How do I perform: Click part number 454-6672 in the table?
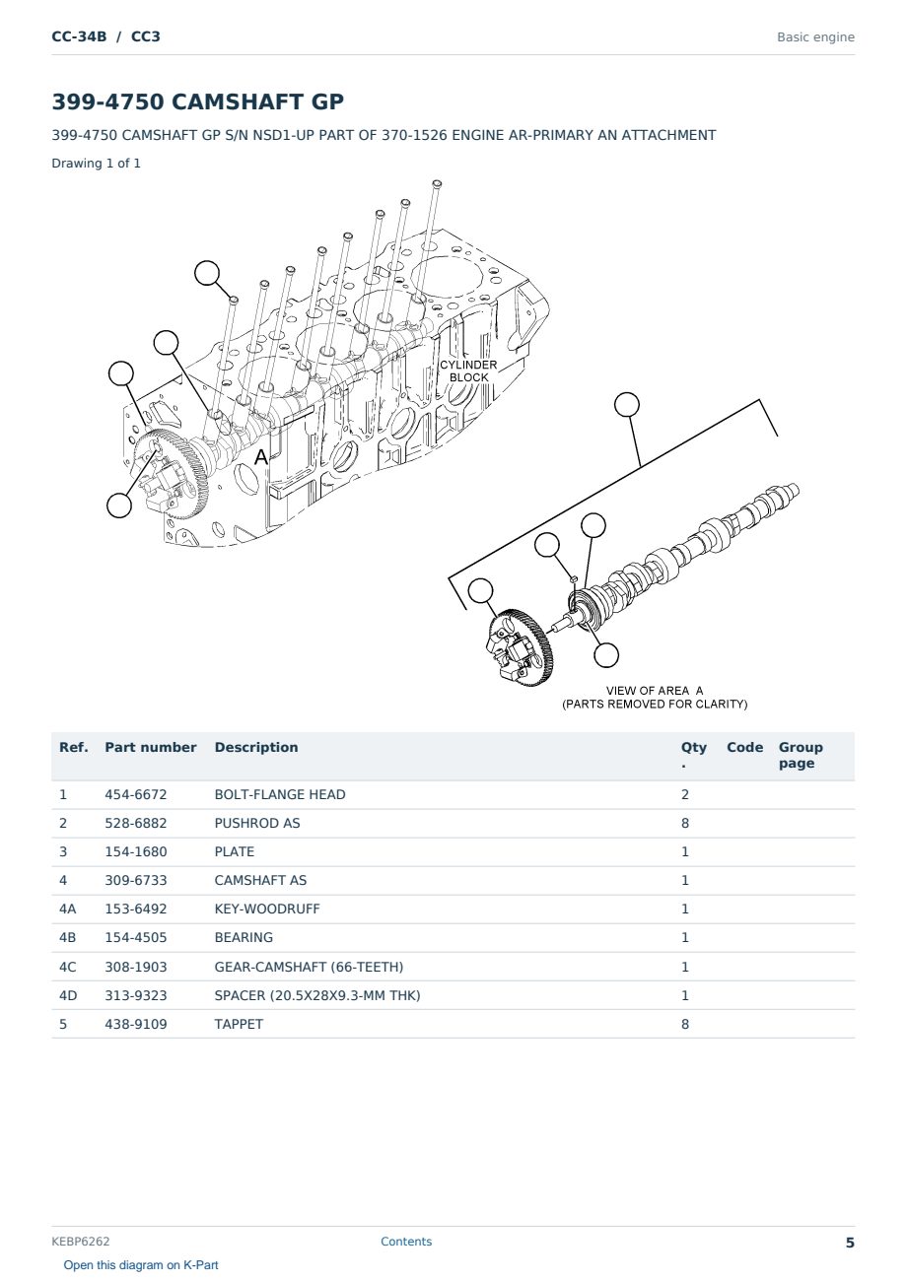point(136,794)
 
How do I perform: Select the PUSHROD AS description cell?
point(257,823)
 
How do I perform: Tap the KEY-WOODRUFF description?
point(267,909)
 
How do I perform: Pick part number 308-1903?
point(136,967)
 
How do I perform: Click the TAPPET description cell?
point(239,1024)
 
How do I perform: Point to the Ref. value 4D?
point(68,995)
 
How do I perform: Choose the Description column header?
point(256,747)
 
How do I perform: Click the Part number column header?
point(151,747)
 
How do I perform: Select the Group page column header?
point(801,755)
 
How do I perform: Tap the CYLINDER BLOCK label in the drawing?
point(468,371)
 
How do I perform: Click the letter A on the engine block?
point(261,457)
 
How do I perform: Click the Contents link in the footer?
point(406,1242)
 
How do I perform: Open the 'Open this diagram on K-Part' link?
point(141,1265)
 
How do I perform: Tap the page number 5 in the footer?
point(850,1243)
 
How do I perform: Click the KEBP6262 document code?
point(81,1242)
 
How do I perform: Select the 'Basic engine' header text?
point(815,37)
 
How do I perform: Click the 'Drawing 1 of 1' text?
point(97,163)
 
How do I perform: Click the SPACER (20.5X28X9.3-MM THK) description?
point(317,995)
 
